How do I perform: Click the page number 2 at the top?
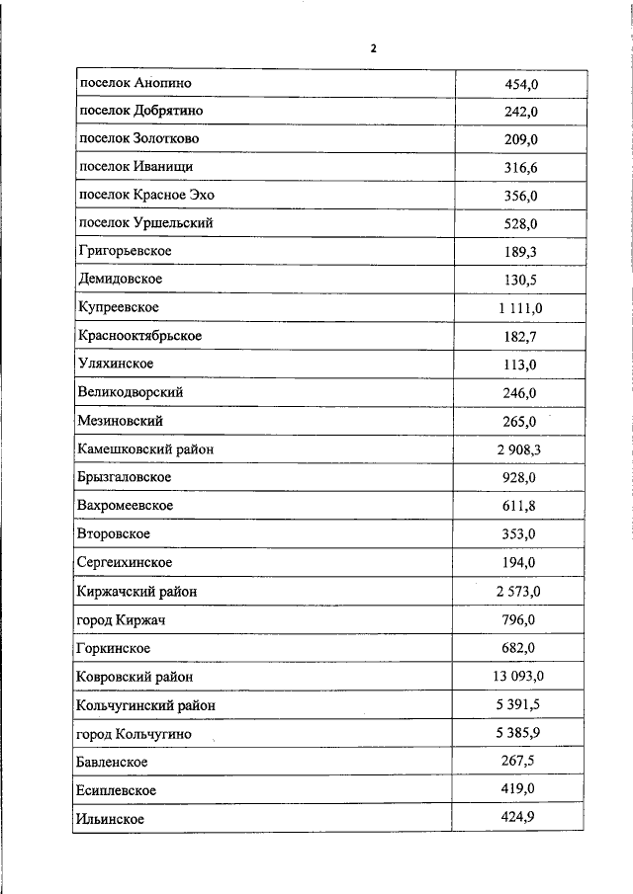374,48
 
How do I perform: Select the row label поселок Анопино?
135,83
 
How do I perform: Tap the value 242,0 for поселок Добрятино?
520,112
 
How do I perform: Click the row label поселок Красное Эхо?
145,195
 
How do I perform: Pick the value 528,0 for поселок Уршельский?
520,224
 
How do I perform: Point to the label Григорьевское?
125,251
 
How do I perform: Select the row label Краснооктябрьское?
139,336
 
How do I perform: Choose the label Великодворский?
130,392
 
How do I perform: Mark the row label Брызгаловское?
125,477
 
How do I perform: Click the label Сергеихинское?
125,562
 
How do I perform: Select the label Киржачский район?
136,591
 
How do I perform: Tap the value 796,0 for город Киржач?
520,620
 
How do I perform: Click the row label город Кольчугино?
133,734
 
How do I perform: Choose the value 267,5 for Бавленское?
520,762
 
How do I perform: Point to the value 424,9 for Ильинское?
520,818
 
